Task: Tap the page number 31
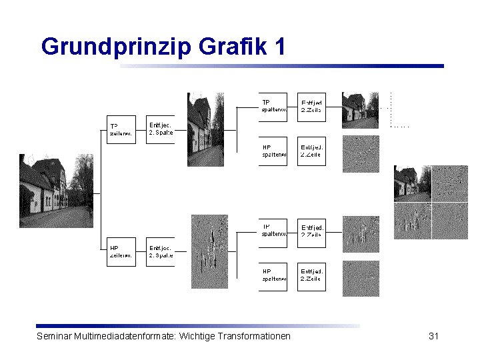[x=433, y=336]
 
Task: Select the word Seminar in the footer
[x=55, y=336]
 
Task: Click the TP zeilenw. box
[x=121, y=129]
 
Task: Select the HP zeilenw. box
[x=121, y=252]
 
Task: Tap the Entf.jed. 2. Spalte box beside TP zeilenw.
[x=161, y=129]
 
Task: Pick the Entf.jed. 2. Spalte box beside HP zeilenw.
[x=161, y=252]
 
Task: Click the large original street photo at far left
[x=57, y=194]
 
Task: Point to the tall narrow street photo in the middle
[x=205, y=129]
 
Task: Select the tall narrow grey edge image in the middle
[x=209, y=252]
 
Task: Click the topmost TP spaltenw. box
[x=273, y=107]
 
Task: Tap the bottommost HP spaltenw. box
[x=273, y=276]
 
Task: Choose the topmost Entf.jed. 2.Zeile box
[x=311, y=107]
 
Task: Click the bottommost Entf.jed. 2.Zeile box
[x=311, y=276]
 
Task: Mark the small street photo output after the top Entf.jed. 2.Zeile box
[x=361, y=109]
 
